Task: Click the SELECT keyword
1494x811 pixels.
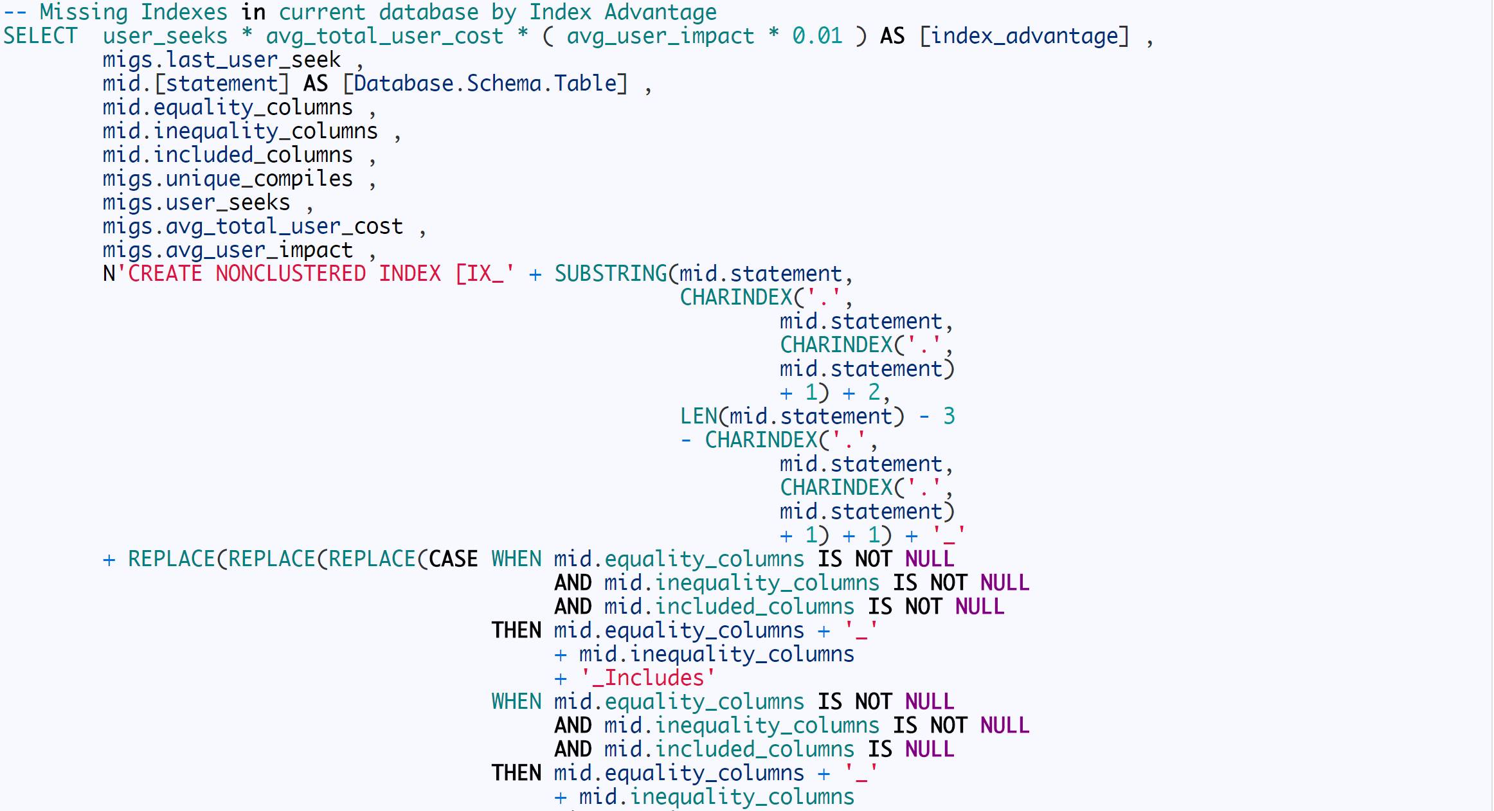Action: pyautogui.click(x=40, y=36)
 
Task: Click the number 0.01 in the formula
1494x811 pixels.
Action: pyautogui.click(x=817, y=36)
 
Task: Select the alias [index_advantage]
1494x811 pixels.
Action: pyautogui.click(x=1024, y=36)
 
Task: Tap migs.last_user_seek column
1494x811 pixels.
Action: pyautogui.click(x=221, y=60)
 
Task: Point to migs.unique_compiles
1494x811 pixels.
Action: pyautogui.click(x=228, y=179)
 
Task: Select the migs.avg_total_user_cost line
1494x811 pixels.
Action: pyautogui.click(x=253, y=226)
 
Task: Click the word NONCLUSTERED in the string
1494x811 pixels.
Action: pyautogui.click(x=291, y=274)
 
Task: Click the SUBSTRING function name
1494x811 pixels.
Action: pyautogui.click(x=611, y=274)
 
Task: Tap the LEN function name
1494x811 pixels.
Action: pyautogui.click(x=699, y=416)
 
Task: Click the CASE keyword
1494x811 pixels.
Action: pyautogui.click(x=453, y=559)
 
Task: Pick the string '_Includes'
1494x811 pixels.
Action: pyautogui.click(x=647, y=678)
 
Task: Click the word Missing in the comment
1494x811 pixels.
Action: pyautogui.click(x=84, y=12)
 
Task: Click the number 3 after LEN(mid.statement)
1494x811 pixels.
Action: pyautogui.click(x=949, y=416)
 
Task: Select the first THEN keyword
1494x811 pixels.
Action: pyautogui.click(x=516, y=630)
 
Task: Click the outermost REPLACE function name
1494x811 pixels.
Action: pyautogui.click(x=171, y=559)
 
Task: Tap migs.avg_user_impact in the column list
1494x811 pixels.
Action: pyautogui.click(x=228, y=250)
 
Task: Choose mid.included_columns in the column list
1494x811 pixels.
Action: pyautogui.click(x=228, y=155)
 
